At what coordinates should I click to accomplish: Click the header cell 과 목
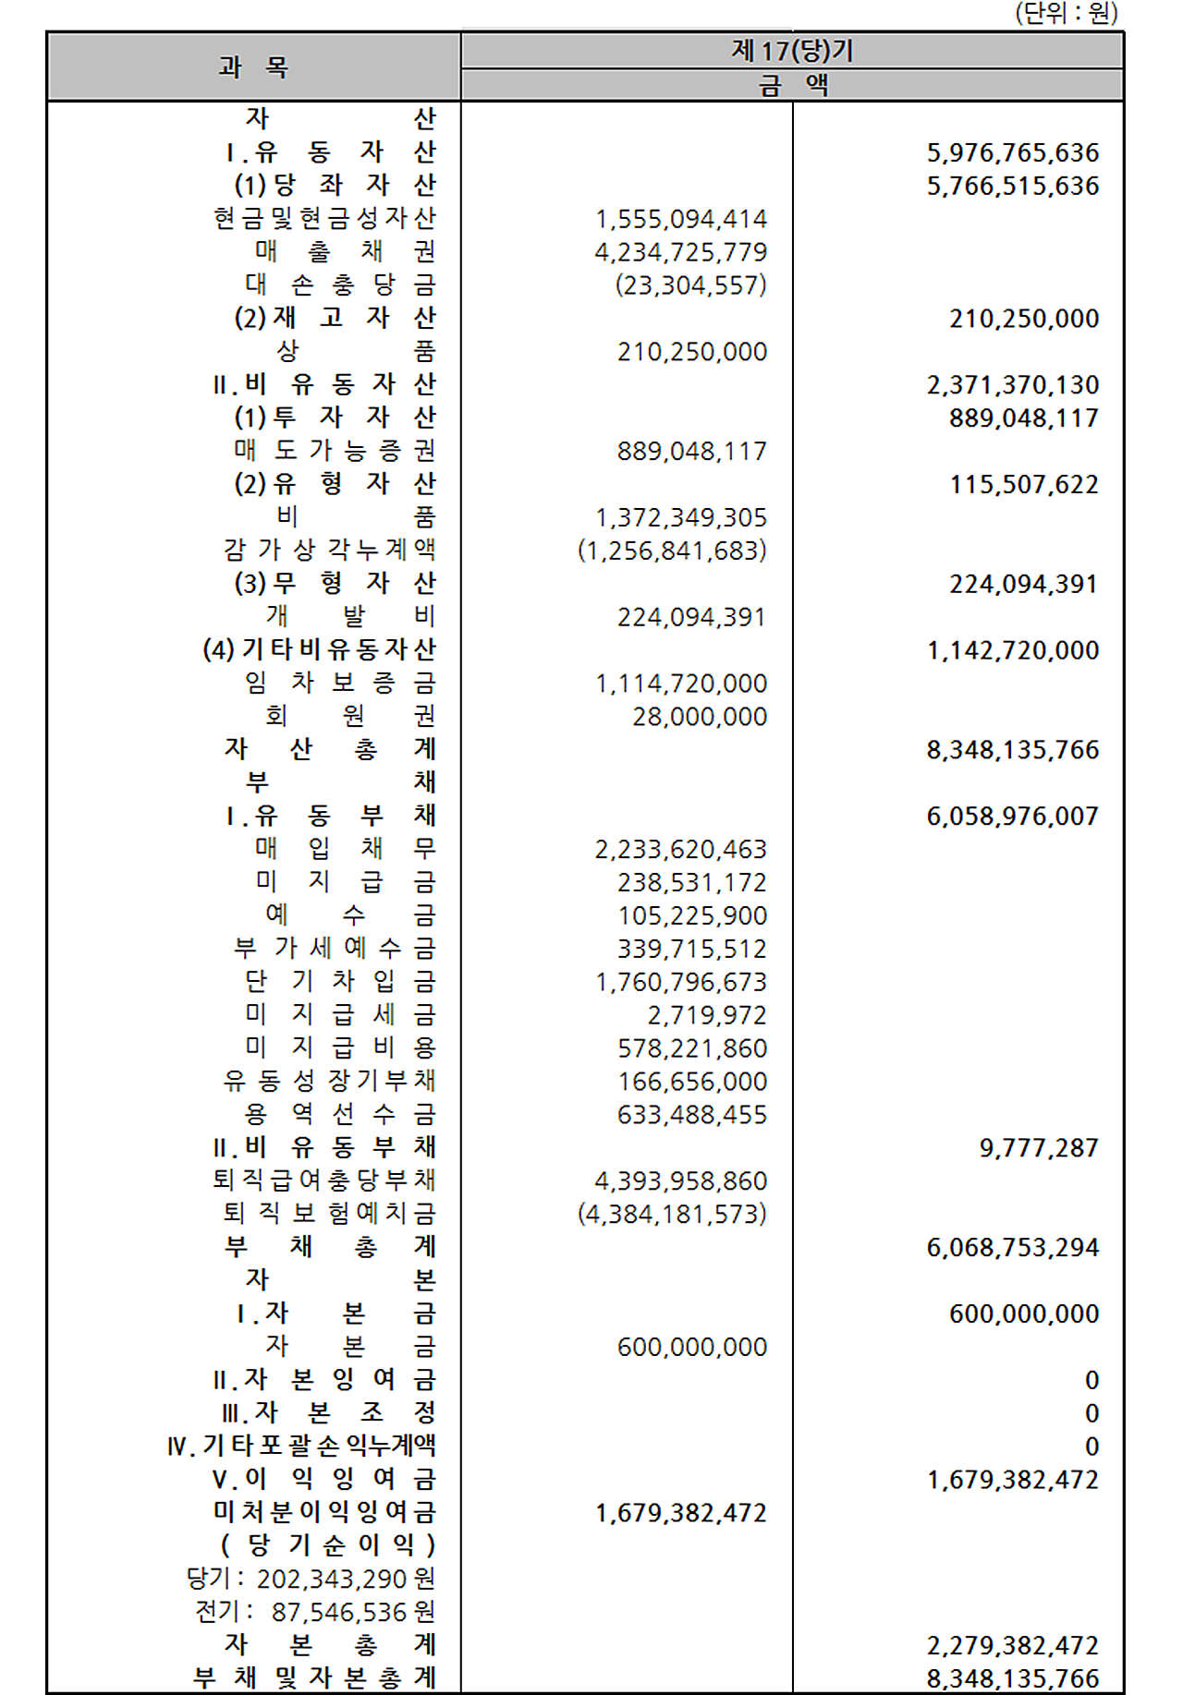(x=253, y=67)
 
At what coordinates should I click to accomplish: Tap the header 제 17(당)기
(x=792, y=50)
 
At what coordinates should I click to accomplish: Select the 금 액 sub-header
(x=792, y=85)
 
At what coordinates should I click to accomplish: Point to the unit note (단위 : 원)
(x=1066, y=13)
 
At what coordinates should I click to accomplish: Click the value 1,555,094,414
(x=681, y=219)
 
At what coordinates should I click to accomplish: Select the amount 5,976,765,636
(x=1013, y=152)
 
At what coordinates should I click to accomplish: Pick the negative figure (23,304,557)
(x=691, y=285)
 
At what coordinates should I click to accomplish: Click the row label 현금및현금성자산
(x=323, y=218)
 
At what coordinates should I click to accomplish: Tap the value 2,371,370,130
(x=1013, y=385)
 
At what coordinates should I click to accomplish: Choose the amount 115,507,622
(x=1024, y=484)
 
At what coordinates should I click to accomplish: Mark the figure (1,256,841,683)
(x=672, y=551)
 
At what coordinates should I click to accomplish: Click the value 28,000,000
(x=700, y=717)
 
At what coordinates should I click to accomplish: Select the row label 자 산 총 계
(x=330, y=749)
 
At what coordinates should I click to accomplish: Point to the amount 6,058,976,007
(x=1013, y=817)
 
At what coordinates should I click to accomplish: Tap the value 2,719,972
(x=707, y=1015)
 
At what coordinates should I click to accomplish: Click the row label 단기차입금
(x=339, y=981)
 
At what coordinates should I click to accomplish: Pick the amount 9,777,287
(x=1039, y=1148)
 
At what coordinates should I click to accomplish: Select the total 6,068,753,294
(x=1013, y=1247)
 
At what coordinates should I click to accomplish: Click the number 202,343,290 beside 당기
(x=320, y=1579)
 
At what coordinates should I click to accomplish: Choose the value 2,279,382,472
(x=1013, y=1645)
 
